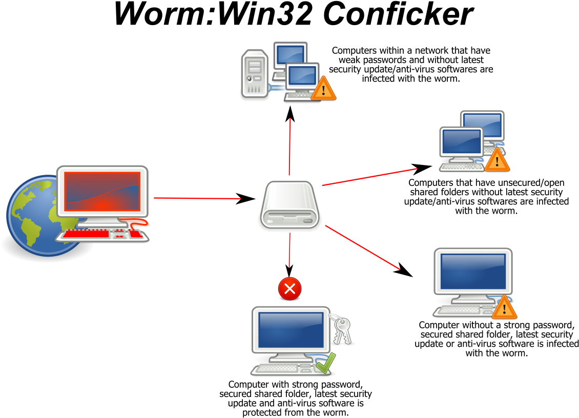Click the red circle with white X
coord(289,288)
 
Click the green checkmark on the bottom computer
coord(326,363)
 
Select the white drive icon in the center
coord(289,204)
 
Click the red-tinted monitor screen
coord(102,191)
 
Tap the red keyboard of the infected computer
coord(87,234)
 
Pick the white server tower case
coord(255,73)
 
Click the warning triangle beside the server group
coord(323,89)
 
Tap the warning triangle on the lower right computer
coord(504,308)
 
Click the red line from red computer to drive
coord(197,198)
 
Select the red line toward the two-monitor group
coord(369,177)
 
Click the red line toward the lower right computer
coord(362,247)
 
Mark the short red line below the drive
coord(289,250)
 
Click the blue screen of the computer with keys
coord(291,330)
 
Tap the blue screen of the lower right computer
coord(473,271)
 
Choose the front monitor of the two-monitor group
coord(462,141)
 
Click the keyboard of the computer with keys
coord(277,368)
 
